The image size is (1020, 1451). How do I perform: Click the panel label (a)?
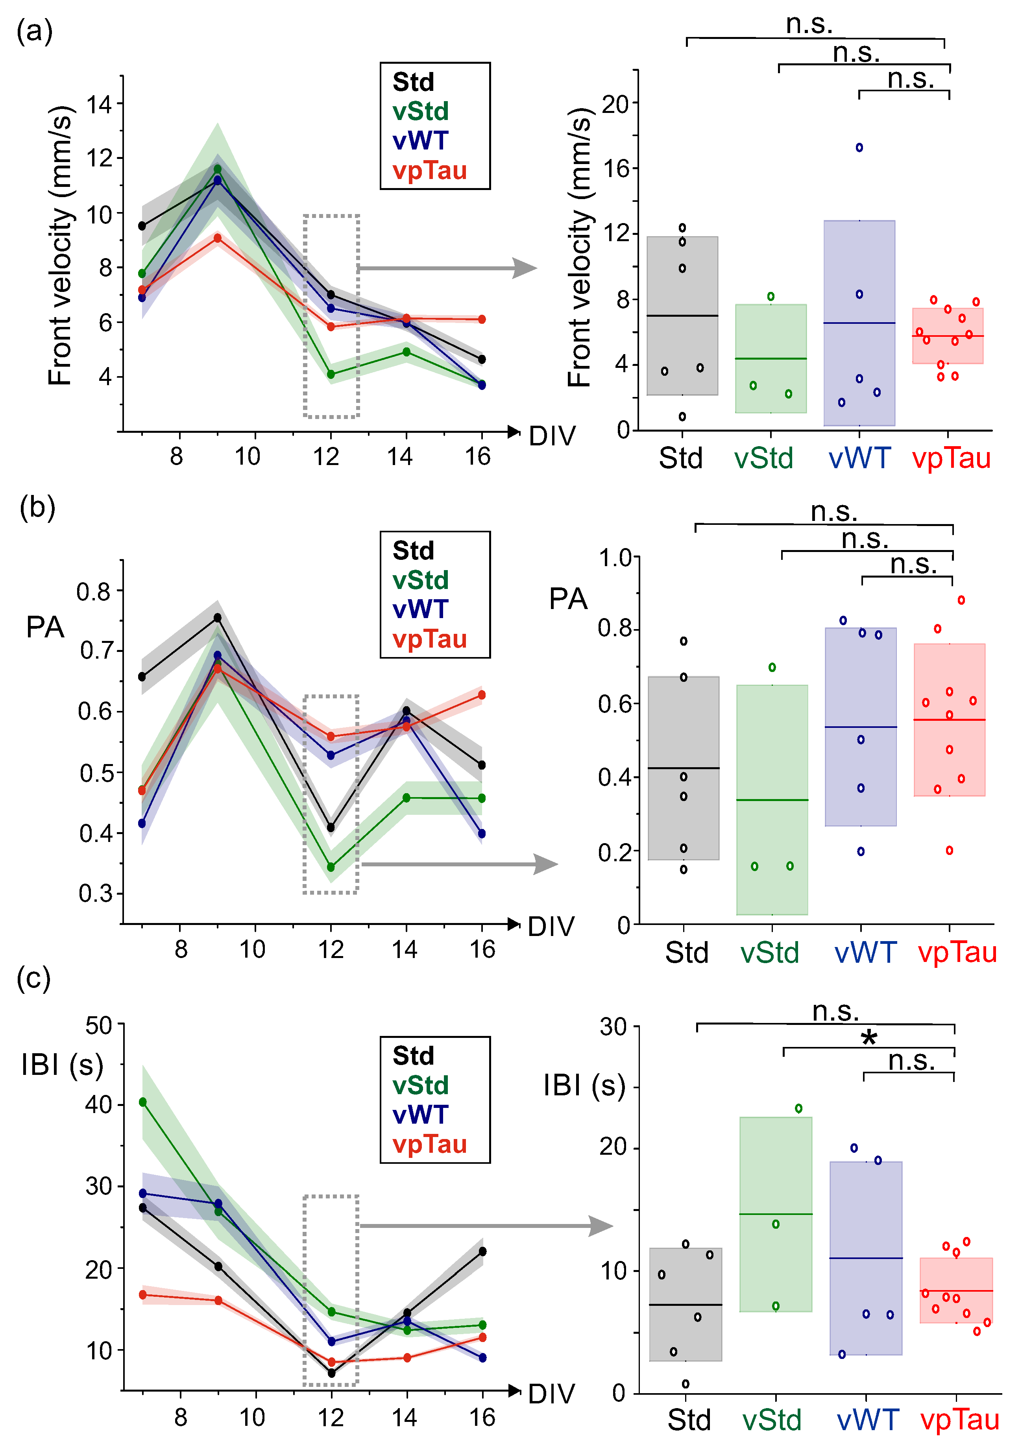(35, 31)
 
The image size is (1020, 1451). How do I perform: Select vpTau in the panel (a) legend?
(429, 171)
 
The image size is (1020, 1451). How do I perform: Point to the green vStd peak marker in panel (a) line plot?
(217, 169)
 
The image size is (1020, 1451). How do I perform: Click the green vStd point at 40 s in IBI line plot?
(143, 1102)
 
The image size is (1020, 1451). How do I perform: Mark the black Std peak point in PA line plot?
(217, 617)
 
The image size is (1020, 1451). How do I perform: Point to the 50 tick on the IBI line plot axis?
(99, 1025)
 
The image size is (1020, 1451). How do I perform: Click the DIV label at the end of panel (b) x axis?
(551, 927)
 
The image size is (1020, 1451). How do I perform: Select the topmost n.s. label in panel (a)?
(809, 24)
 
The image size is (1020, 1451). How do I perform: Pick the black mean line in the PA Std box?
(684, 768)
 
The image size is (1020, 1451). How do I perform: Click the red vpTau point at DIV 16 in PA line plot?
(482, 695)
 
